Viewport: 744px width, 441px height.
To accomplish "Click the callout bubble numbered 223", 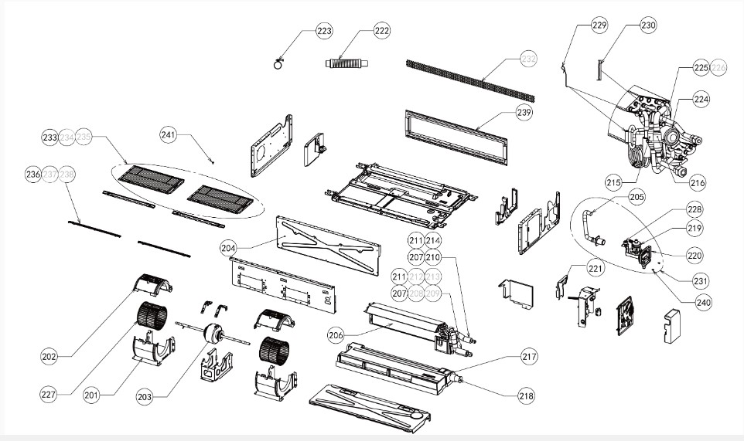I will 324,31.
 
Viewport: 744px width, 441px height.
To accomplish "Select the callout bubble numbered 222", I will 381,31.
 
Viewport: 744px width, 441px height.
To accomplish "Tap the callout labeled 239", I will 524,113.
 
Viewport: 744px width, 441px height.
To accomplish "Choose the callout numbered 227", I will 49,393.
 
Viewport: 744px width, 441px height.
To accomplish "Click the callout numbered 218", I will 526,395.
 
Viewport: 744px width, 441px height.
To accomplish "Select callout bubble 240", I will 702,303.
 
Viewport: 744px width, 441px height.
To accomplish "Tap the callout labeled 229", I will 599,25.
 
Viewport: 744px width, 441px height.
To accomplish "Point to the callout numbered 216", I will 697,184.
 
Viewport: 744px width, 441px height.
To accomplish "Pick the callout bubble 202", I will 49,357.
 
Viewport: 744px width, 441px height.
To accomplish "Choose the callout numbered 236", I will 33,175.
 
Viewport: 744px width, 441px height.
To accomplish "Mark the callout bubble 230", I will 647,25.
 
